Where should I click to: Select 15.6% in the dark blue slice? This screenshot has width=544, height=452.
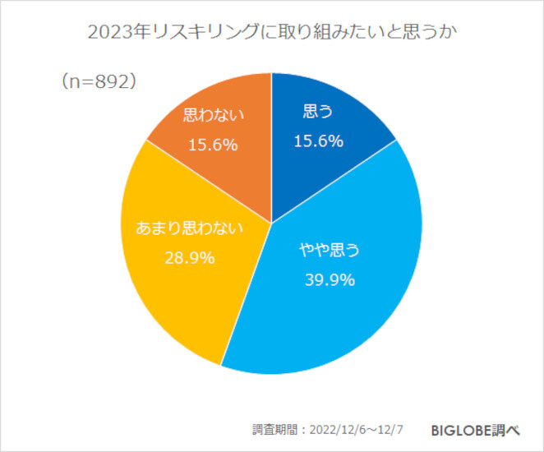pyautogui.click(x=318, y=142)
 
